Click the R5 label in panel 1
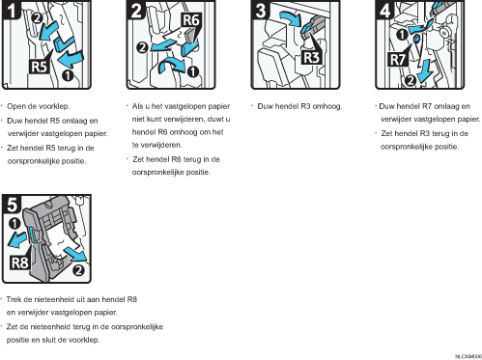[x=39, y=67]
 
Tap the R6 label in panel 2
[x=191, y=20]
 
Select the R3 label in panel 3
[x=311, y=58]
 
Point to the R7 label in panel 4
[x=398, y=60]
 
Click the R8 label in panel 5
[x=20, y=263]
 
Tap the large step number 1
[x=12, y=10]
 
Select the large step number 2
[x=136, y=10]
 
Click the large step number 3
[x=261, y=10]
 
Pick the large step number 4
[x=385, y=10]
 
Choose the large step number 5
[x=12, y=205]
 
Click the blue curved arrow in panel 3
[x=291, y=18]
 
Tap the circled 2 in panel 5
[x=79, y=270]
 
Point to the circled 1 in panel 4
[x=402, y=35]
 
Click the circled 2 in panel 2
[x=142, y=47]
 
